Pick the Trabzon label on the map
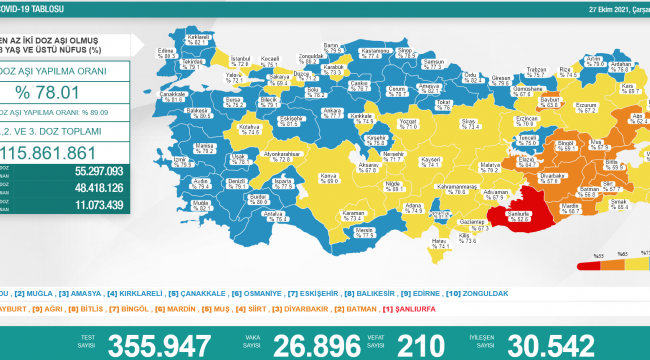[x=536, y=71]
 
